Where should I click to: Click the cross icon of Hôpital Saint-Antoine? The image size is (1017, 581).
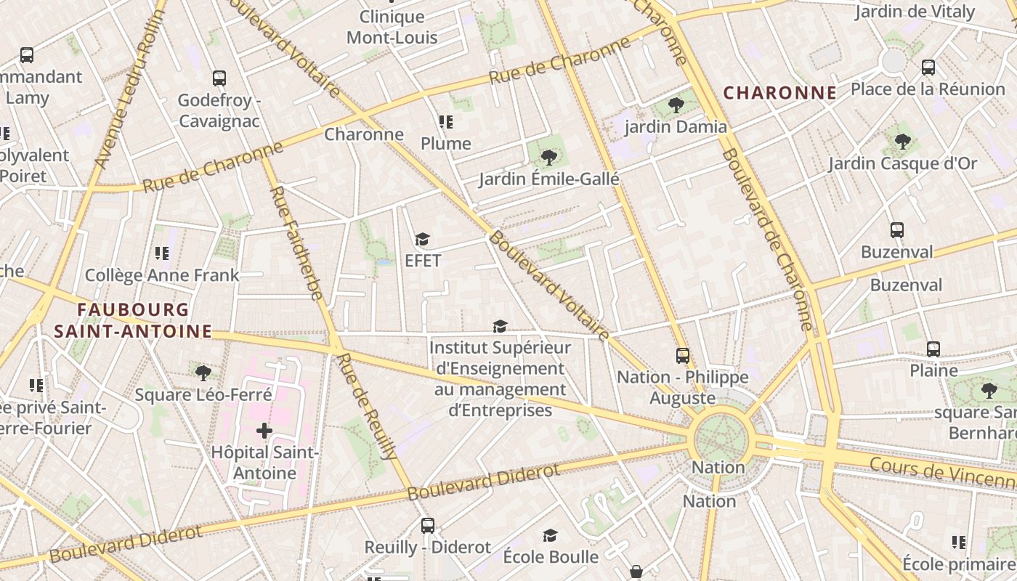(264, 431)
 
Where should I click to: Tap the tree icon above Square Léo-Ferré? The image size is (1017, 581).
(203, 373)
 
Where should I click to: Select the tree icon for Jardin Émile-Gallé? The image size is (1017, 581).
(548, 157)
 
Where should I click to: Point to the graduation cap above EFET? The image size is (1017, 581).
(423, 240)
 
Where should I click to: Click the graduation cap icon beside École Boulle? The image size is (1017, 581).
(551, 536)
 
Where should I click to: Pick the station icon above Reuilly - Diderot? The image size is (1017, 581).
(428, 525)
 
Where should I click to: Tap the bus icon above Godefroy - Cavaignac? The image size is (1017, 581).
(219, 78)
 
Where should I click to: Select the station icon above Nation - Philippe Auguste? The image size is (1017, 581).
(683, 355)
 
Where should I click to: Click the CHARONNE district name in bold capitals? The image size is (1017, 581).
(780, 93)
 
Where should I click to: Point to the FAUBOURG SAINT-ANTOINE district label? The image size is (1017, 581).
(133, 321)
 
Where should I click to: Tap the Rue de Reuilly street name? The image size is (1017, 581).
(368, 406)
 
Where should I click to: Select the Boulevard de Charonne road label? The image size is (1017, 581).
(766, 240)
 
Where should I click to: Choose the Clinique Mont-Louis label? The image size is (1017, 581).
(392, 27)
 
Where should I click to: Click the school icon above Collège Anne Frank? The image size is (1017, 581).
(162, 253)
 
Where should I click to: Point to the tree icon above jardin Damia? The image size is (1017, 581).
(676, 105)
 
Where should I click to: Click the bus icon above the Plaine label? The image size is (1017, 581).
(933, 349)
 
